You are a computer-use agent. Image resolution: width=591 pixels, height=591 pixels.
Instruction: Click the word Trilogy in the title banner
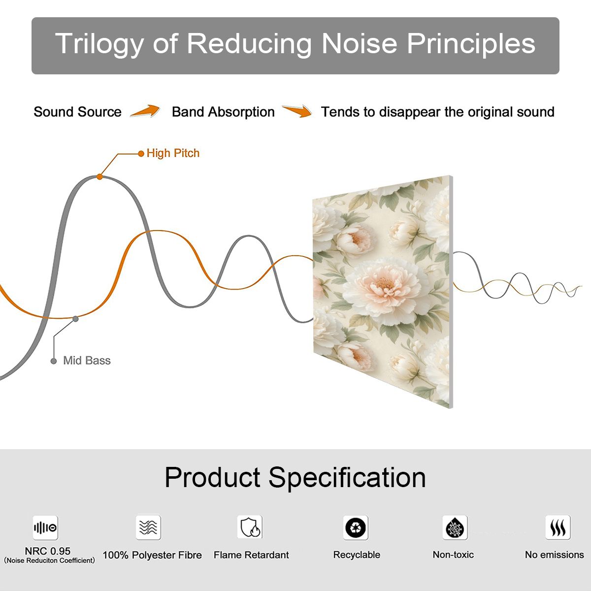click(x=99, y=44)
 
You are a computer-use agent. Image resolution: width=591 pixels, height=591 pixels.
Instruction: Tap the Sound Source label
click(x=78, y=112)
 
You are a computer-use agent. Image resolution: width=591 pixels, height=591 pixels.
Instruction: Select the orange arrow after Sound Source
click(x=145, y=111)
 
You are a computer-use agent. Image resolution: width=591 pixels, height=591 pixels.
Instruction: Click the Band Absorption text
click(x=223, y=112)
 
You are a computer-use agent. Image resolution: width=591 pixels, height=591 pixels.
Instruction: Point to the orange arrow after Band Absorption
click(x=297, y=111)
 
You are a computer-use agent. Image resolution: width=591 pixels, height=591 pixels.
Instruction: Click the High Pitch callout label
click(x=173, y=153)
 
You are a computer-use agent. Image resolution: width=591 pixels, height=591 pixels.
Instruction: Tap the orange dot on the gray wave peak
click(x=99, y=177)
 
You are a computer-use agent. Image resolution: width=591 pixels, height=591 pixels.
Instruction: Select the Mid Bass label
click(x=87, y=361)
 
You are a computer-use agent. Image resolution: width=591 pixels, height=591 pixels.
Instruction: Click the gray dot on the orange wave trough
click(x=75, y=319)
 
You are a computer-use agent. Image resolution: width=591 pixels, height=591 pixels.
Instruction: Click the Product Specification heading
click(x=295, y=478)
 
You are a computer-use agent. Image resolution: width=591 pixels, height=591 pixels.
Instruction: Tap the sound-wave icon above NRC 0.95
click(x=45, y=527)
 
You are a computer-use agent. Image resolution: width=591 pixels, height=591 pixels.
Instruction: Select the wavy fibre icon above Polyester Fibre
click(x=148, y=527)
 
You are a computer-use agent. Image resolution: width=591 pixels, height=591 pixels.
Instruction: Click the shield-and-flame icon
click(x=250, y=527)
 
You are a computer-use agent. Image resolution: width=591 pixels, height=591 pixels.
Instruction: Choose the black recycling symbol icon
click(x=356, y=527)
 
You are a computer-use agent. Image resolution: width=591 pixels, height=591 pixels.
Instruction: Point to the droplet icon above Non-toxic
click(x=455, y=527)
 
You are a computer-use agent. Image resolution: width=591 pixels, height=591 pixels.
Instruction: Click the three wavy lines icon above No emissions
click(x=558, y=527)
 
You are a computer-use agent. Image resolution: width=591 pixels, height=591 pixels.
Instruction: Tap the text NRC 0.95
click(x=48, y=551)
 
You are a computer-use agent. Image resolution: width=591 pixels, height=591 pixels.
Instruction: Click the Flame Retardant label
click(x=251, y=555)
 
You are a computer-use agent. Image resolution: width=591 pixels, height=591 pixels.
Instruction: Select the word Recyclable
click(x=357, y=555)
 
